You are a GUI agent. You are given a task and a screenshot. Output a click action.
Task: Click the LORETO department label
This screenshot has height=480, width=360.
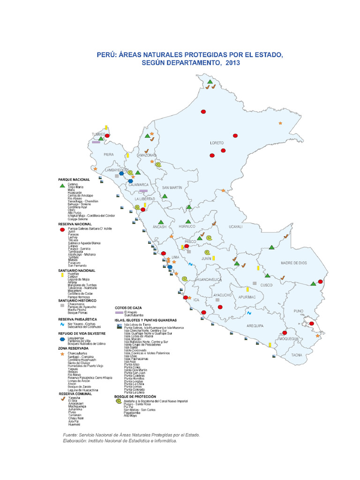point(217,142)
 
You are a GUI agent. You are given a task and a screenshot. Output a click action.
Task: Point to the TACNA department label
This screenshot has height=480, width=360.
point(297,355)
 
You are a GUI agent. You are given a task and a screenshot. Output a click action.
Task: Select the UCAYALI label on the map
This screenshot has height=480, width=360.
point(235,226)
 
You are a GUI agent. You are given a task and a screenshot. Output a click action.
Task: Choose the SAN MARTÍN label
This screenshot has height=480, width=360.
point(172,187)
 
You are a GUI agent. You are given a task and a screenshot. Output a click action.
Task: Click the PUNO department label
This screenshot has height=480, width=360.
point(299,311)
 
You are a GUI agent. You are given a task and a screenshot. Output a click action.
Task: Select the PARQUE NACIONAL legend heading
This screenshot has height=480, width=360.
point(74,180)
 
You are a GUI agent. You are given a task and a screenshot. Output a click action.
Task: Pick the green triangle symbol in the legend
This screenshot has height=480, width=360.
point(61,186)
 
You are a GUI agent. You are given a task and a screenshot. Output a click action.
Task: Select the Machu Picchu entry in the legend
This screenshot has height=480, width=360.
point(76,309)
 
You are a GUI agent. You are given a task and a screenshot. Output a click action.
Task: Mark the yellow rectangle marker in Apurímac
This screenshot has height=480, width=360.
point(247,290)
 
